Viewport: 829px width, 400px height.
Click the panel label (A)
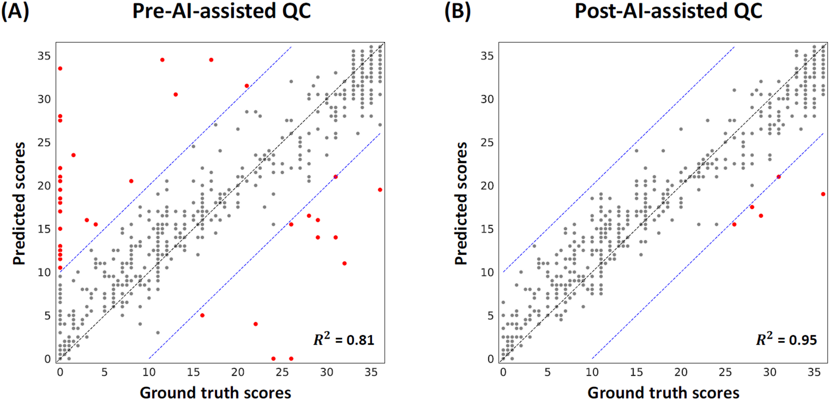[15, 11]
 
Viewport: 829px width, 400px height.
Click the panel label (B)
[457, 11]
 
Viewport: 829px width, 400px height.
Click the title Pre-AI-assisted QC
[221, 11]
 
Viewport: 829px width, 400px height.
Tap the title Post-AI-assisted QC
[668, 11]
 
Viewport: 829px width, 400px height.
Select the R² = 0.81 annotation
[343, 339]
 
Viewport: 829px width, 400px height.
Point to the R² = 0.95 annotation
[786, 339]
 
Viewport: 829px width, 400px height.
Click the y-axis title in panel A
[19, 203]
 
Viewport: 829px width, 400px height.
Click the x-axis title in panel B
[663, 392]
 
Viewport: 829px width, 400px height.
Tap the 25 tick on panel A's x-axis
[282, 372]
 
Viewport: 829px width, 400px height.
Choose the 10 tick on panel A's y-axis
[44, 272]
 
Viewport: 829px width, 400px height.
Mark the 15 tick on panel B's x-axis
[636, 372]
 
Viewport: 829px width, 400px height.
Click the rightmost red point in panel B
[823, 194]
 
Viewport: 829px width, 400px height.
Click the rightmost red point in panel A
[380, 190]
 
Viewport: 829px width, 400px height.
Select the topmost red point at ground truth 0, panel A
[60, 69]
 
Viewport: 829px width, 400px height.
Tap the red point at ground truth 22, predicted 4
[256, 324]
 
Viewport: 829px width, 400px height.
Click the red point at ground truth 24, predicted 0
[273, 358]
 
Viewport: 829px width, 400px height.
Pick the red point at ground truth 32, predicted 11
[344, 263]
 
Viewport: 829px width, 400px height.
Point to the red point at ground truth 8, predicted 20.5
[131, 181]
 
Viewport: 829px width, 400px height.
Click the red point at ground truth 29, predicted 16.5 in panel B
[760, 216]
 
